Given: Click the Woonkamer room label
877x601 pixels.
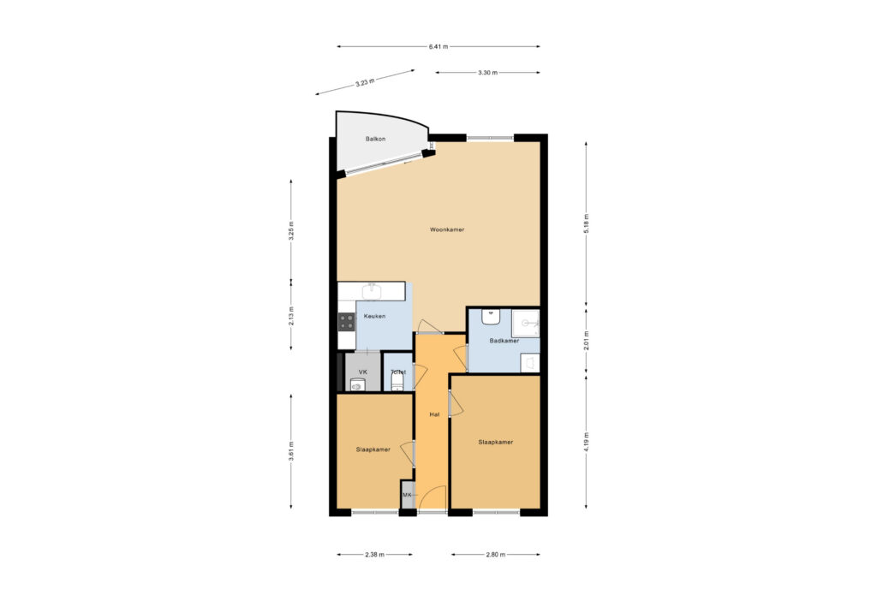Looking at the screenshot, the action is click(447, 229).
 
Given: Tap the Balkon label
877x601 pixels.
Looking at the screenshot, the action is click(375, 140).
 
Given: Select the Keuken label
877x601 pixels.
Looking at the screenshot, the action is click(374, 317).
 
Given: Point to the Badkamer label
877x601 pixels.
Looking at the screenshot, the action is click(504, 341).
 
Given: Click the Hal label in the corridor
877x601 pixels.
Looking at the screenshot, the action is click(434, 415).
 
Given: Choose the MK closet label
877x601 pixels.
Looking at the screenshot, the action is click(407, 496).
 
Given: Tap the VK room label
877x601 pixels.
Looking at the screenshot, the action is click(362, 372).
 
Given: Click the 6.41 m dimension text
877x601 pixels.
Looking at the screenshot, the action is click(438, 47).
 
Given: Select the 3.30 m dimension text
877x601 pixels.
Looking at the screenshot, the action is click(487, 73).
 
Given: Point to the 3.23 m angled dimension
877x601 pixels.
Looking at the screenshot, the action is click(365, 83).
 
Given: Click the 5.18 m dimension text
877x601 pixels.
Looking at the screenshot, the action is click(586, 223).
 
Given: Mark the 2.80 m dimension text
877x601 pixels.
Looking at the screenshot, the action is click(496, 555).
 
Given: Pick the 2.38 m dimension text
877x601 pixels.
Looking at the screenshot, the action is click(374, 555).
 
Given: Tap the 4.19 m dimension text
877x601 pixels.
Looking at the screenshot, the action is click(586, 443).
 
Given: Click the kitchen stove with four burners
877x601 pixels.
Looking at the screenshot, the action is click(347, 321).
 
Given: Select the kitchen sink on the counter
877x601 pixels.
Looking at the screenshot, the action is click(372, 291).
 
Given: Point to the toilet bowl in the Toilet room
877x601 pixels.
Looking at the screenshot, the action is click(397, 382).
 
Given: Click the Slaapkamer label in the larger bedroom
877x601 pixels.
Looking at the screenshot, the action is click(496, 443).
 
